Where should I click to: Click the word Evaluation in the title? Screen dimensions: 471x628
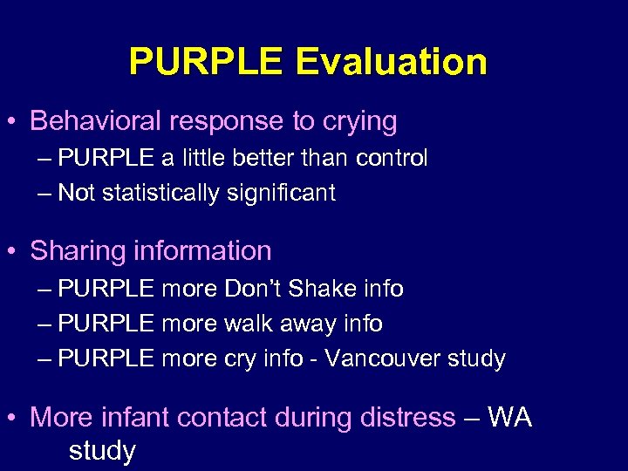pos(391,63)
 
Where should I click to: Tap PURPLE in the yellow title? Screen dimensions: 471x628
pos(206,63)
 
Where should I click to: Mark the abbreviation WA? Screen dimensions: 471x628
pos(509,417)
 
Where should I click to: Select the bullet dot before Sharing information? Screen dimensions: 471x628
pos(14,252)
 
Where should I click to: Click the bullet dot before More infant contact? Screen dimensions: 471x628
pos(14,418)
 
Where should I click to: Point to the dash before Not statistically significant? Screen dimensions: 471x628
pos(44,194)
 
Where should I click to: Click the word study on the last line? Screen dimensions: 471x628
pos(102,451)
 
